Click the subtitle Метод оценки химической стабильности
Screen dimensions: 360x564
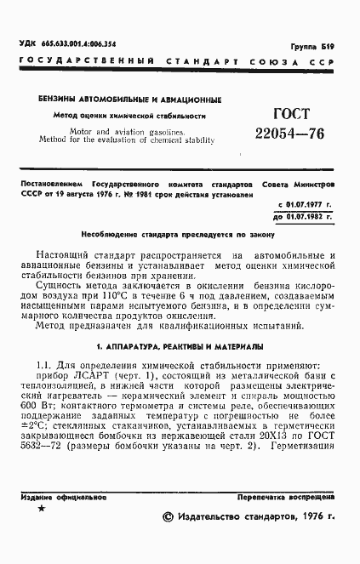pos(126,114)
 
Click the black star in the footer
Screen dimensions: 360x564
pos(42,509)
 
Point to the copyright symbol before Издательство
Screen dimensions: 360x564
pos(168,516)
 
